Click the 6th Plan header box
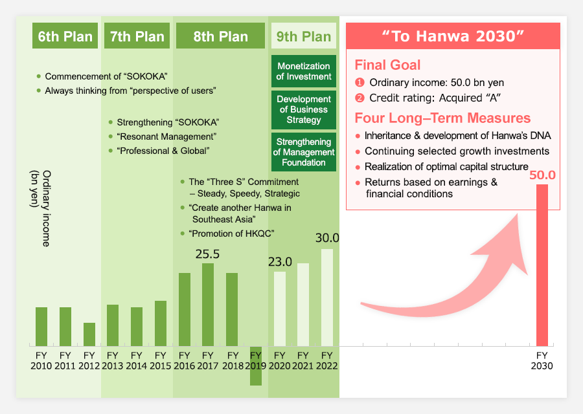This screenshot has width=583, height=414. pos(65,36)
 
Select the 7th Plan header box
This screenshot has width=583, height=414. pos(137,36)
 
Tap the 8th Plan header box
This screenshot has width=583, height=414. pos(220,36)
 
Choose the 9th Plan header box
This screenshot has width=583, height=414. pos(304,36)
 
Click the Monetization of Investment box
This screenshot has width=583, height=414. pos(304,71)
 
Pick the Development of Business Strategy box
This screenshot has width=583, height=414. pos(304,109)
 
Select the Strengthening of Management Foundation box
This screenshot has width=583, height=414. pos(304,152)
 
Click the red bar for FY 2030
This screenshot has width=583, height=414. pos(542,265)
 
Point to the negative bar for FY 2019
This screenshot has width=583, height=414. pos(256,365)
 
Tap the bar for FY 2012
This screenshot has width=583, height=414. pos(89,334)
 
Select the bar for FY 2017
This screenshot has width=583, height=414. pos(208,305)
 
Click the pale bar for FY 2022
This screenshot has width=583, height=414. pos(327,298)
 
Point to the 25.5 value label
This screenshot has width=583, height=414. pos(207,254)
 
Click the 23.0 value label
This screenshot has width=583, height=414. pos(280,262)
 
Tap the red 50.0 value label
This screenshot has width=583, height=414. pos(542,175)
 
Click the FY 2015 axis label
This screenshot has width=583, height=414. pos(160,360)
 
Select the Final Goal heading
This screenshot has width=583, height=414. pos(387,65)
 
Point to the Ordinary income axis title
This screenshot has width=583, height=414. pos(40,208)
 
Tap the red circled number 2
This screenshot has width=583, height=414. pos(360,98)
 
